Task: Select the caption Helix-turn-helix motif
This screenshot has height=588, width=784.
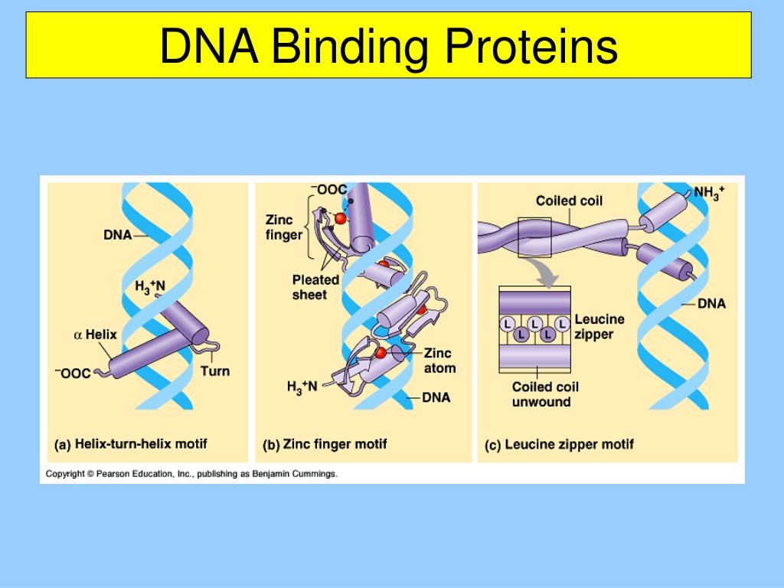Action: pyautogui.click(x=140, y=443)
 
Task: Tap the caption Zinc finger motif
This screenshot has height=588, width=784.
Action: pyautogui.click(x=335, y=443)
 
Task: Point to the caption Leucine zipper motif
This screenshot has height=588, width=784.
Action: pyautogui.click(x=569, y=443)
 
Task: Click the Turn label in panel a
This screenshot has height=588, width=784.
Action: pyautogui.click(x=214, y=371)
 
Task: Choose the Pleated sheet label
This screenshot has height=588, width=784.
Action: pyautogui.click(x=315, y=287)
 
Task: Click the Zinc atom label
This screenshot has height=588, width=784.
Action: pyautogui.click(x=439, y=361)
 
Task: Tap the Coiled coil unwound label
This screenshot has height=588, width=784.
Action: pyautogui.click(x=545, y=394)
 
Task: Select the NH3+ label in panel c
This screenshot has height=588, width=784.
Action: pyautogui.click(x=709, y=192)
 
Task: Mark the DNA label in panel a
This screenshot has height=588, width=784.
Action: pyautogui.click(x=118, y=235)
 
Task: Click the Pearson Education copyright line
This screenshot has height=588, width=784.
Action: pyautogui.click(x=191, y=474)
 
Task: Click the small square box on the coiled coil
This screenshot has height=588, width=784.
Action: pyautogui.click(x=534, y=237)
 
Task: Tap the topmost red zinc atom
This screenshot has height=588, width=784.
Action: pyautogui.click(x=340, y=219)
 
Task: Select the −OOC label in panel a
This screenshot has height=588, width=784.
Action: pyautogui.click(x=73, y=373)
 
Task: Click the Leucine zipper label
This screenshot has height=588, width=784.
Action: pyautogui.click(x=599, y=327)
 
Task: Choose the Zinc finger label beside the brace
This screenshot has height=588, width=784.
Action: pyautogui.click(x=284, y=227)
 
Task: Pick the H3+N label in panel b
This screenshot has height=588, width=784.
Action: pyautogui.click(x=302, y=387)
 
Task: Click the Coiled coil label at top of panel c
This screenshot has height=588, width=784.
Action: pyautogui.click(x=569, y=201)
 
